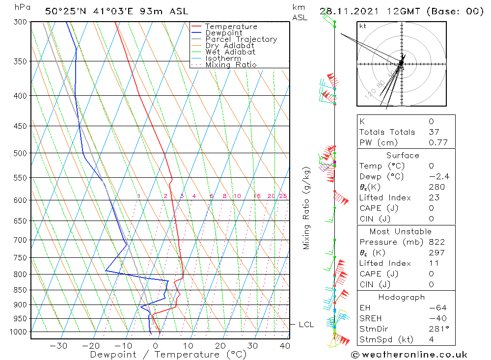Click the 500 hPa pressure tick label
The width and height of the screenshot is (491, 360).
click(20, 153)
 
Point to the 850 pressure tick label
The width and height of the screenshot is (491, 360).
click(20, 290)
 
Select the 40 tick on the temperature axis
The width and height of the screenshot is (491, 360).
click(285, 346)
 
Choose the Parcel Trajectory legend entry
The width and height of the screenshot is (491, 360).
click(241, 39)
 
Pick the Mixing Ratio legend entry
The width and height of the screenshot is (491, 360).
click(231, 64)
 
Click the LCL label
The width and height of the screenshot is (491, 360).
click(306, 325)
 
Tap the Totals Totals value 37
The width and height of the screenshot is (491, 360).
click(434, 132)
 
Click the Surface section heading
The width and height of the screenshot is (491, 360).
click(403, 156)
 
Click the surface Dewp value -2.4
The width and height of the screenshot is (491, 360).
click(438, 177)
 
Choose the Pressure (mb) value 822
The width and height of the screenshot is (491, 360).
click(436, 242)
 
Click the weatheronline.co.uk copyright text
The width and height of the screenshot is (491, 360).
click(409, 355)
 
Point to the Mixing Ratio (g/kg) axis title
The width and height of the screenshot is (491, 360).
click(307, 208)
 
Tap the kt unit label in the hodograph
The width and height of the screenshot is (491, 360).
click(363, 26)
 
